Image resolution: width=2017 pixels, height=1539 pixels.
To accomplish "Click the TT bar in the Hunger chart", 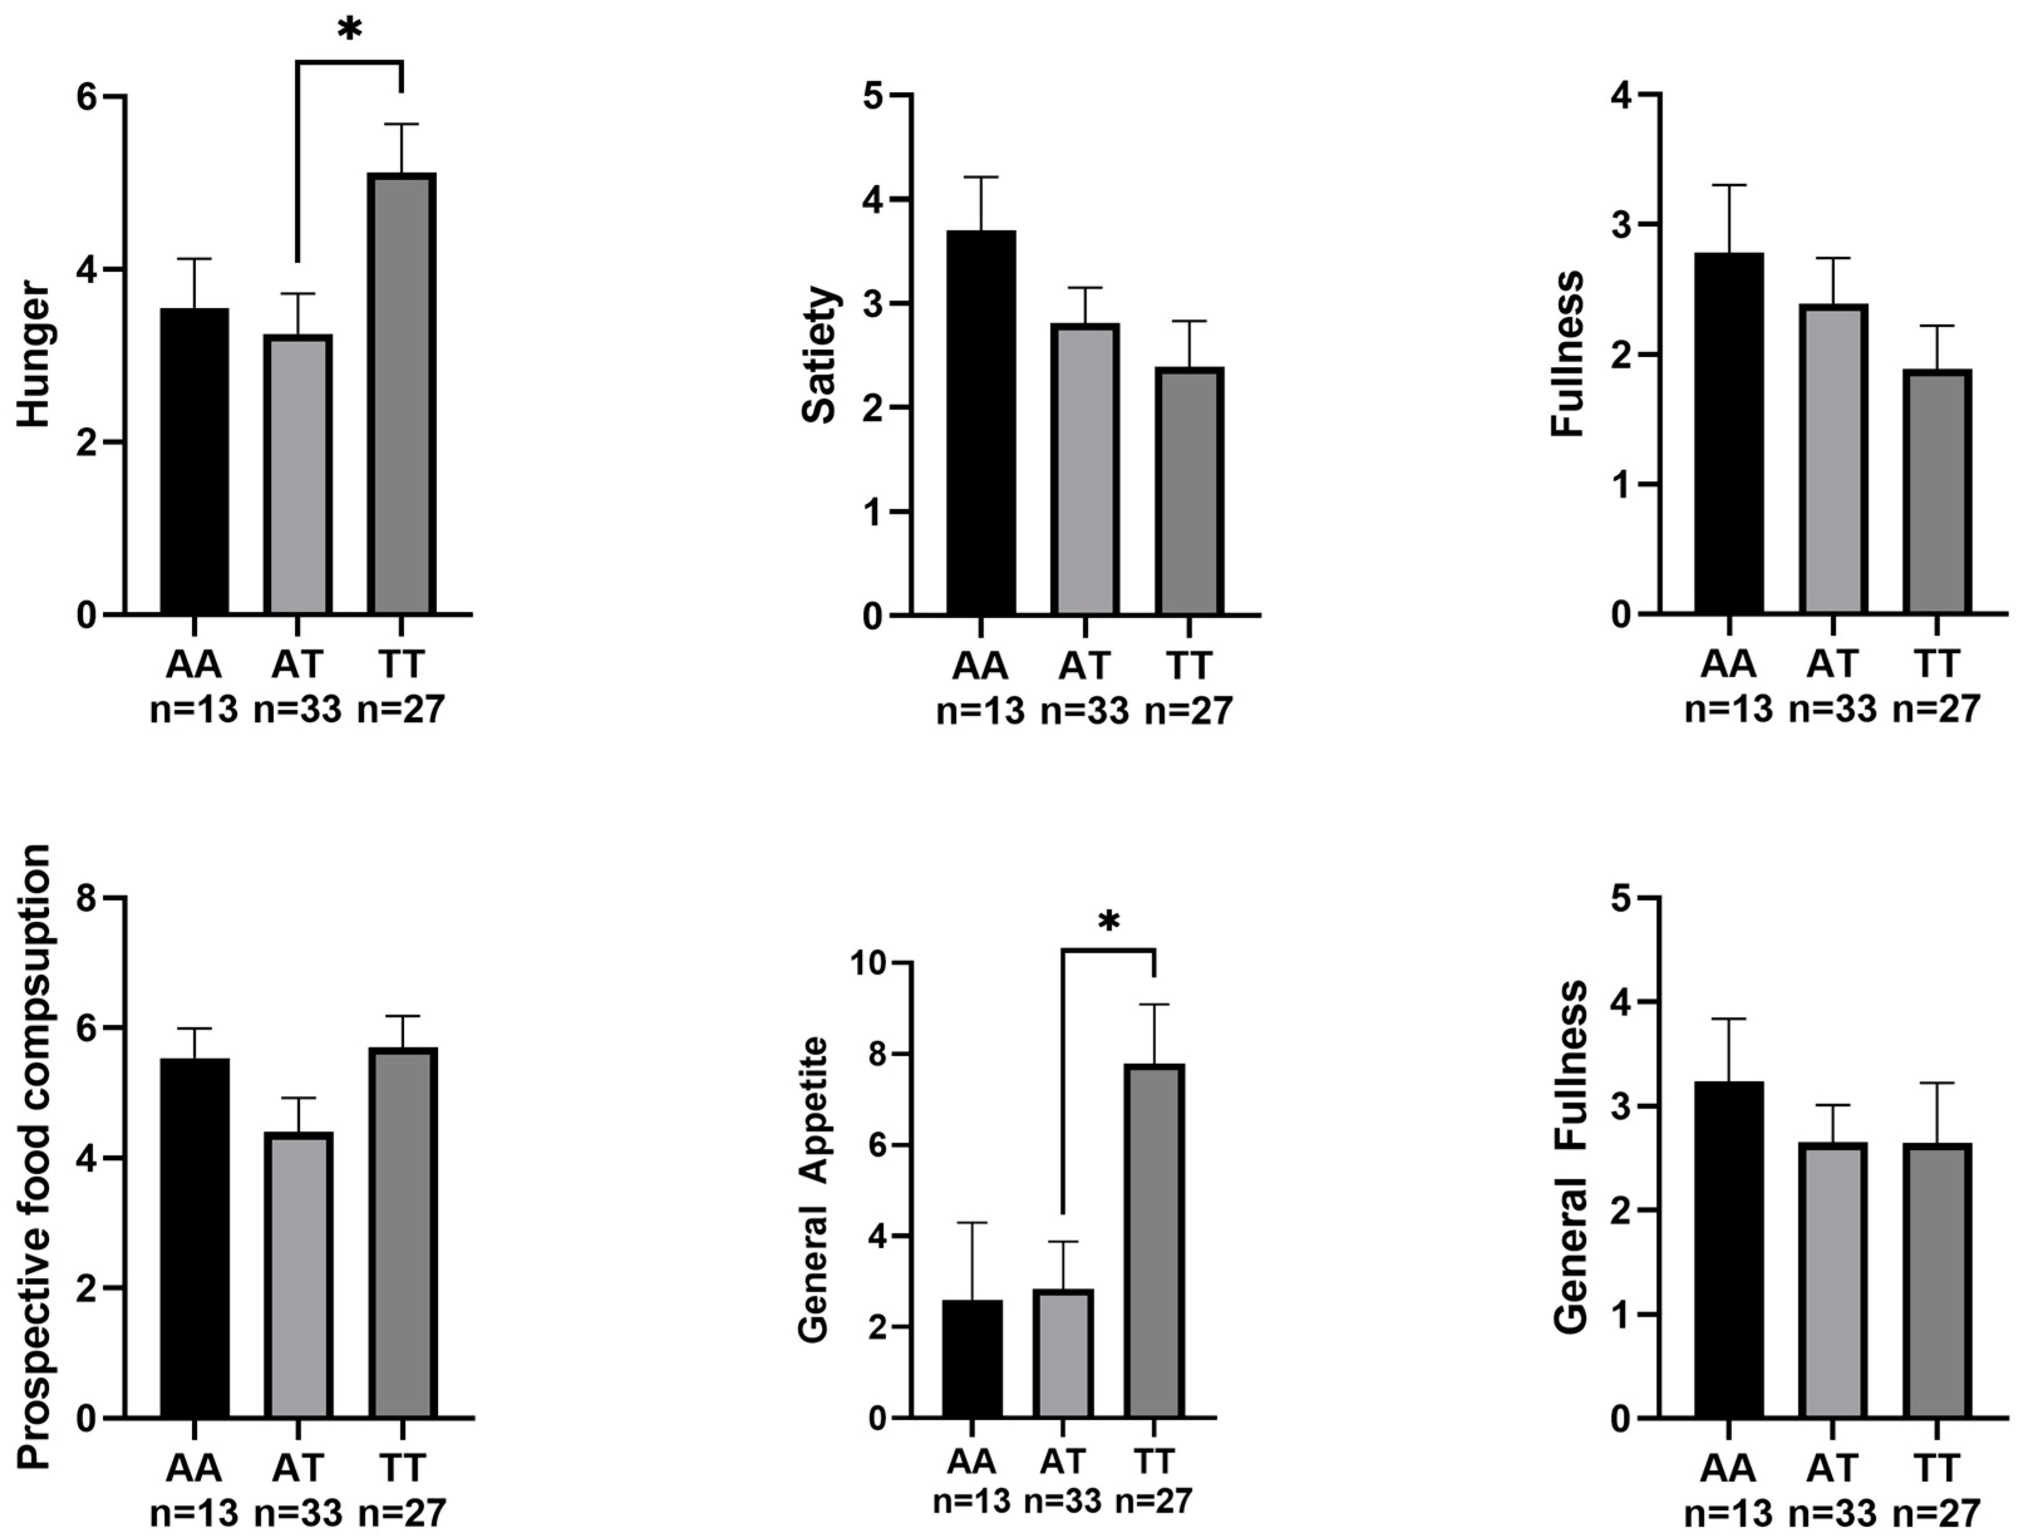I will point(402,394).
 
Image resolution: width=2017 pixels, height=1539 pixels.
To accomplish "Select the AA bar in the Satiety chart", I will point(981,422).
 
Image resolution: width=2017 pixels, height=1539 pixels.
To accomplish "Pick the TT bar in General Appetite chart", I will point(1154,1241).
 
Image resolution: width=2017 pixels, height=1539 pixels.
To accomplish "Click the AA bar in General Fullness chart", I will point(1728,1250).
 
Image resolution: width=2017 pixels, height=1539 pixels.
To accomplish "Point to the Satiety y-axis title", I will point(819,356).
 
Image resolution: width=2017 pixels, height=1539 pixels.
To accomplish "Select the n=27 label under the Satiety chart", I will point(1189,711).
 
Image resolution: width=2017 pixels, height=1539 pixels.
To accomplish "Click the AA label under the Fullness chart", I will point(1728,664).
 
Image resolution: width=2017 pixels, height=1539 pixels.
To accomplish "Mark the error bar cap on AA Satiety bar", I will point(981,177).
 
